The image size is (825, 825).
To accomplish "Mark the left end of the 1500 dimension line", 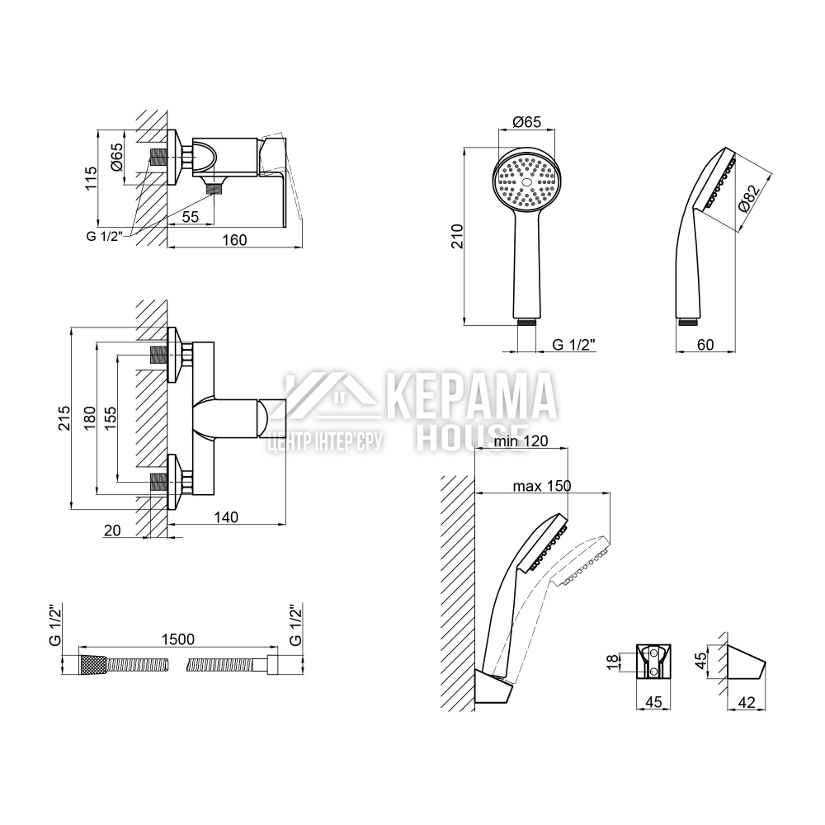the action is [79, 647].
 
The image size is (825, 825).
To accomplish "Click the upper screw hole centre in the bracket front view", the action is [653, 653].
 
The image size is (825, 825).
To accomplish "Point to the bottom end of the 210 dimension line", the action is [464, 326].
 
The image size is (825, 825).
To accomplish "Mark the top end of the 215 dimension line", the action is [71, 328].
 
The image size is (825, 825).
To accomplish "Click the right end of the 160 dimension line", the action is [303, 247].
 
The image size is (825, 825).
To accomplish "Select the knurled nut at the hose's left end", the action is [92, 665].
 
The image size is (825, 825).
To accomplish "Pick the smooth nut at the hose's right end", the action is [272, 665].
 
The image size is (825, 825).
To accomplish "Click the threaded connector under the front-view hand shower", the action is [526, 322].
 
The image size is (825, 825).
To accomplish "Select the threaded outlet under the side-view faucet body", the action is [214, 186].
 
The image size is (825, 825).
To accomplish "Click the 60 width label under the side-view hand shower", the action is [705, 345].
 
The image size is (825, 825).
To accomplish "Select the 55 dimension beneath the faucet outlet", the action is [191, 217].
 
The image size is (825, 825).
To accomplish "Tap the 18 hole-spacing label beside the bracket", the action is [613, 662].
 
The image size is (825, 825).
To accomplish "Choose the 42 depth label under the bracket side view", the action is [747, 702].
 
